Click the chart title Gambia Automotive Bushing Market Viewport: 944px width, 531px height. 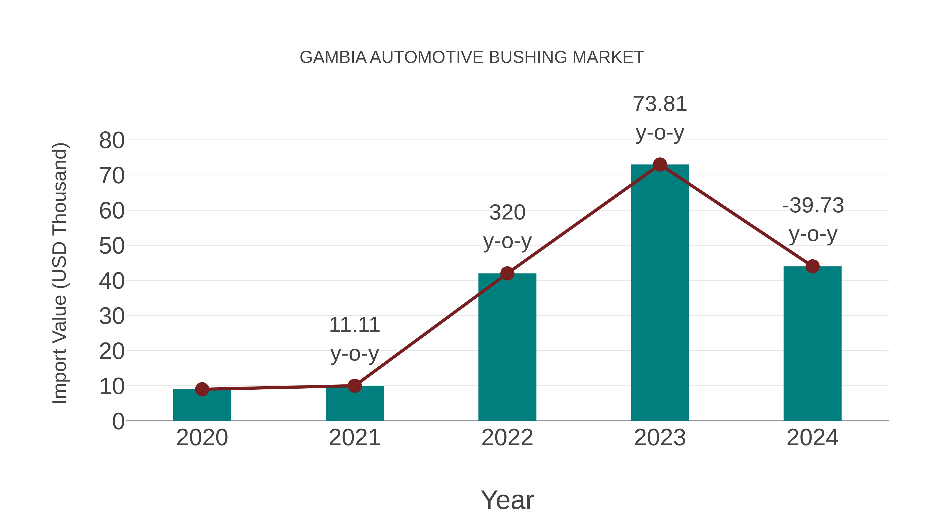pos(472,57)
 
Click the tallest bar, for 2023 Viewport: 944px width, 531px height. pos(660,293)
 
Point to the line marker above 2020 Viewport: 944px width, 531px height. pos(202,389)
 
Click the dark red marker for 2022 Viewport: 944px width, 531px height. pos(507,273)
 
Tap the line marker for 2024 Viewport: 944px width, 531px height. pos(812,266)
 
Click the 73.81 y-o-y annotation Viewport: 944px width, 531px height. pos(660,118)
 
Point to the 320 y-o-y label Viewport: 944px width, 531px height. pos(507,227)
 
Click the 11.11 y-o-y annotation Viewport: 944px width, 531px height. pos(354,339)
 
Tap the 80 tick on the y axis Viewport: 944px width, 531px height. pos(112,140)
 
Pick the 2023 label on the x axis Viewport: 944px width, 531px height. pos(660,438)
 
